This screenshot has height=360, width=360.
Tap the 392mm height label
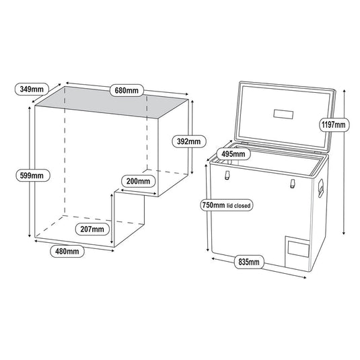(188, 141)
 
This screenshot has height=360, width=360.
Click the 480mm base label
(67, 251)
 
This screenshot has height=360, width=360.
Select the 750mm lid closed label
(225, 205)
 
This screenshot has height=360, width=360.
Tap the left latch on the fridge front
(227, 176)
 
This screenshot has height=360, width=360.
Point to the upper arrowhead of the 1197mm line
(344, 89)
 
